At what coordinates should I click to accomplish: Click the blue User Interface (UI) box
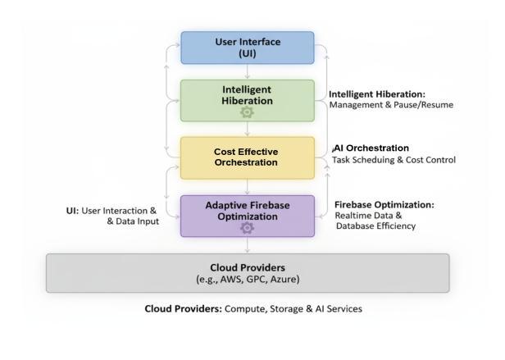click(247, 48)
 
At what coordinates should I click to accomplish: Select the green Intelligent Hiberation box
click(247, 95)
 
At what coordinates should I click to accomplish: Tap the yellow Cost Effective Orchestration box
click(247, 156)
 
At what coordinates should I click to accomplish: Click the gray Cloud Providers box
click(247, 272)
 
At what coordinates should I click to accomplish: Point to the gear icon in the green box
click(247, 113)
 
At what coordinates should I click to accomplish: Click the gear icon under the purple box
click(247, 227)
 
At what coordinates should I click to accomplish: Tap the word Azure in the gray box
click(281, 280)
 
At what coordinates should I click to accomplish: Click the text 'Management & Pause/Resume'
click(390, 105)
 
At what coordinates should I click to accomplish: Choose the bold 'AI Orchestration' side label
click(371, 148)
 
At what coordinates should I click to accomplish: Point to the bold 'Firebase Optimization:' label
click(384, 204)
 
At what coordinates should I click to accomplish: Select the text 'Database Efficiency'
click(375, 226)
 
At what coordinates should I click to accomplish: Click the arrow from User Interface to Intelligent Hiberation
click(247, 72)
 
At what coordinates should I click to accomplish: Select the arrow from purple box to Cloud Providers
click(247, 245)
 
